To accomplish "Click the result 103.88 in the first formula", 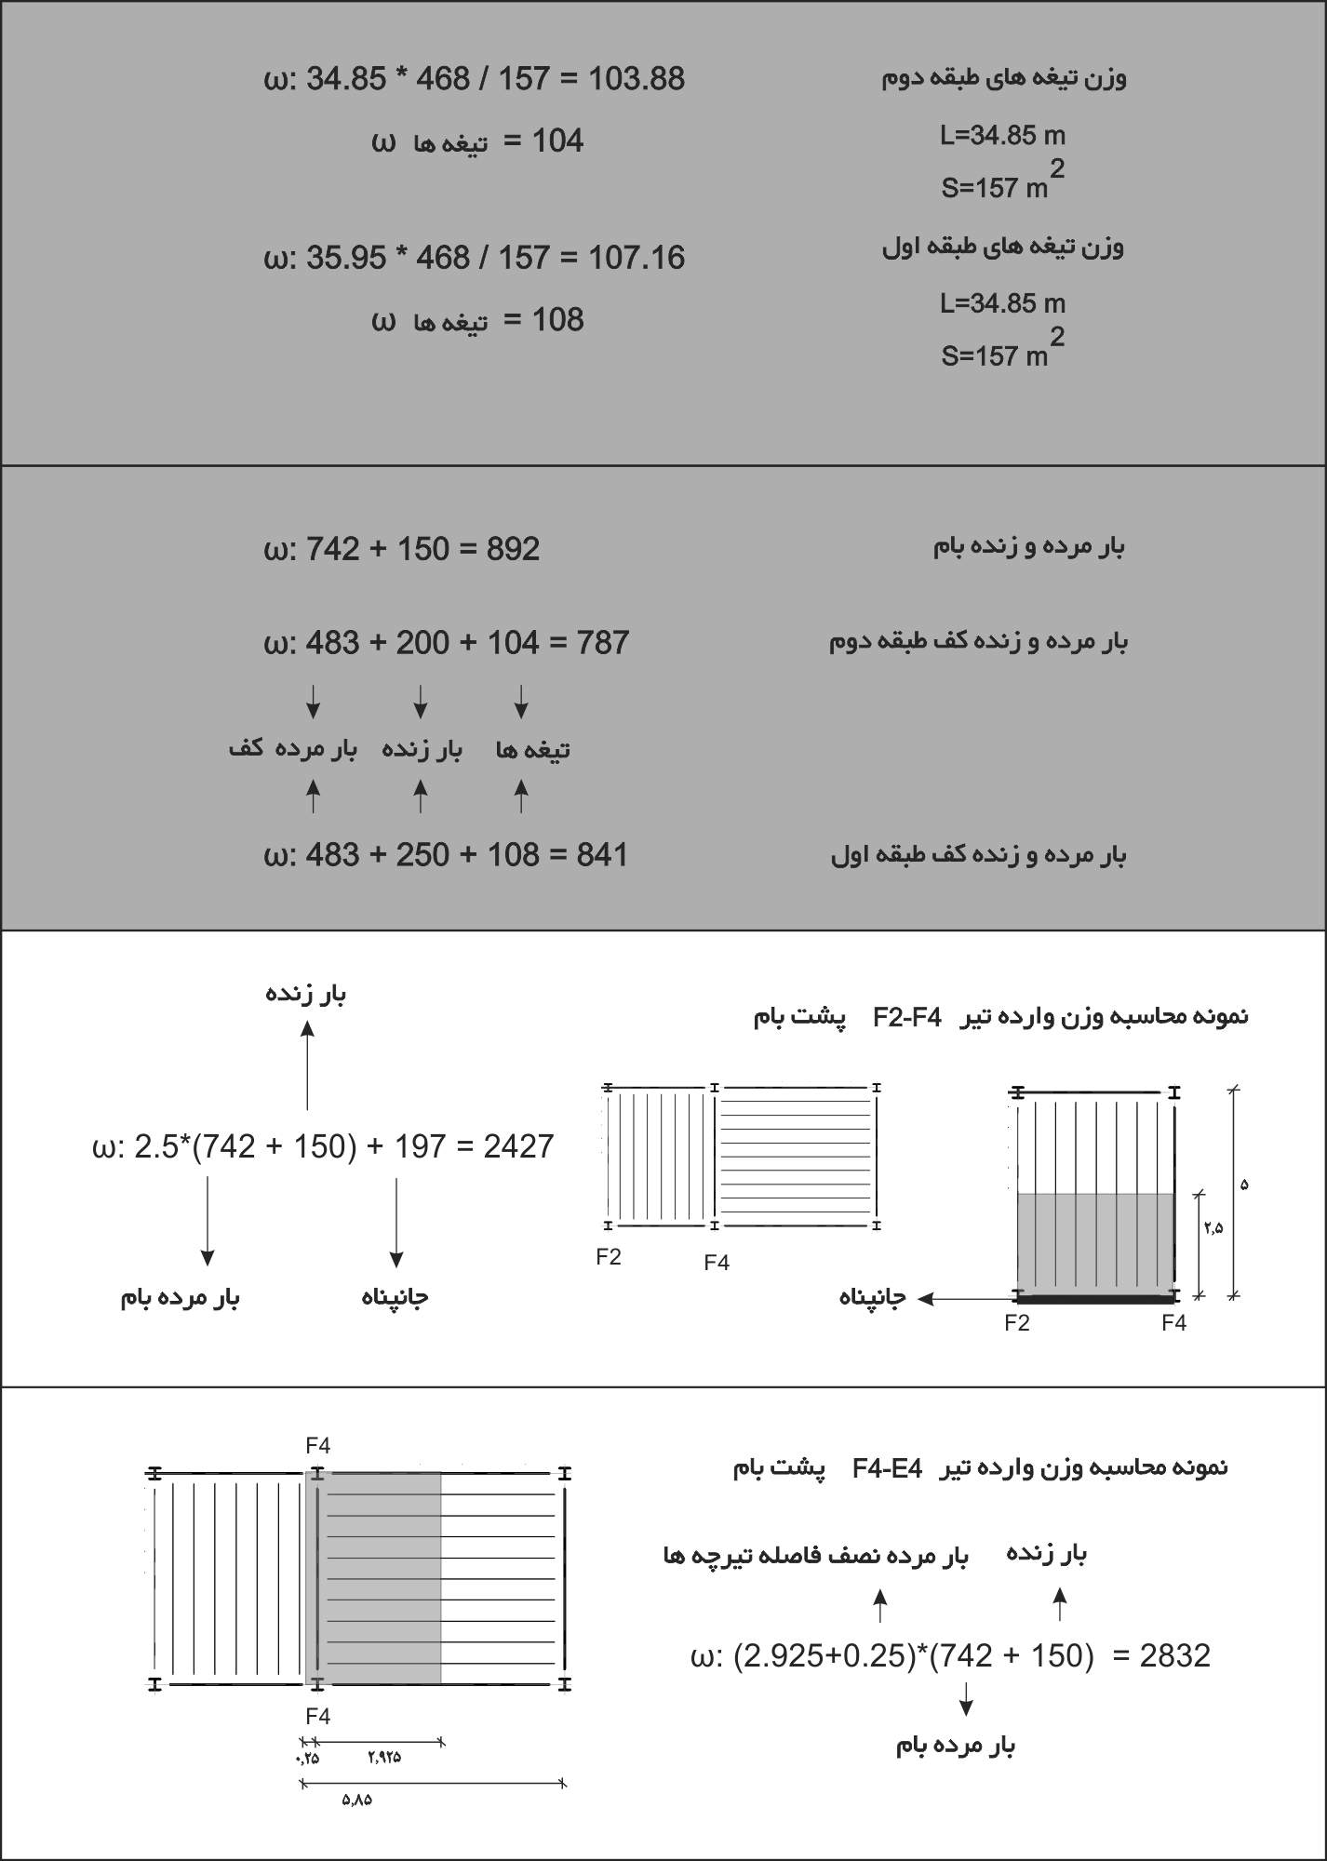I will tap(637, 79).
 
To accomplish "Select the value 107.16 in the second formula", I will tap(637, 258).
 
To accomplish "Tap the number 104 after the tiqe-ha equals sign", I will tap(557, 141).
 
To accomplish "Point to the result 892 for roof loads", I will tap(513, 549).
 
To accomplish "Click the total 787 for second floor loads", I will tap(602, 643).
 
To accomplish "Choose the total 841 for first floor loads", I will tap(602, 854).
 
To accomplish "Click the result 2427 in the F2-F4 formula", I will tap(518, 1146).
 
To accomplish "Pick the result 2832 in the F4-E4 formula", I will tap(1174, 1656).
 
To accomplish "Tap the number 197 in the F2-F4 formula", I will tap(420, 1146).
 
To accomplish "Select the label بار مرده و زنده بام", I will tap(1028, 546).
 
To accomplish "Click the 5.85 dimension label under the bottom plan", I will tap(356, 1800).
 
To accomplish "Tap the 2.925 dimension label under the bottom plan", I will tap(383, 1757).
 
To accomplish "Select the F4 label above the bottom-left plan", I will tap(317, 1446).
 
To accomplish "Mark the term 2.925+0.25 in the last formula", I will tap(820, 1656).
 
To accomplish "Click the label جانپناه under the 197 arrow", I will tap(395, 1297).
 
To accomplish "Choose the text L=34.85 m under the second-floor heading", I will tap(1002, 136).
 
